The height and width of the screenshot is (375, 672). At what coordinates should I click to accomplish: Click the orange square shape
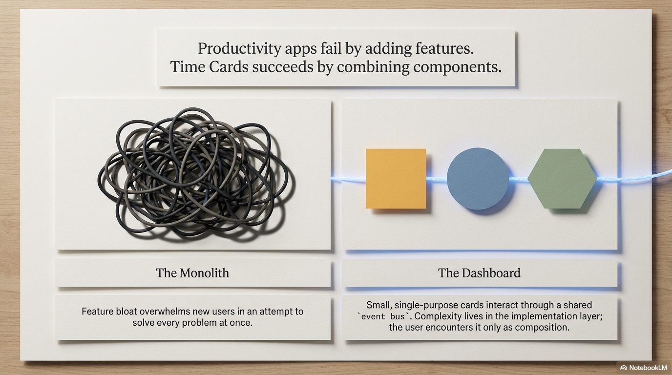tap(396, 179)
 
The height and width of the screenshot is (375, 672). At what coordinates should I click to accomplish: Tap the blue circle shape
tap(478, 179)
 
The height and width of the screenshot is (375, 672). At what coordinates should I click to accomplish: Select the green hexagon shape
tap(562, 179)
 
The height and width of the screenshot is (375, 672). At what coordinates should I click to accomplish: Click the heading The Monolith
tap(192, 273)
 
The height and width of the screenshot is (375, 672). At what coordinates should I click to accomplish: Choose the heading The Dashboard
tap(479, 273)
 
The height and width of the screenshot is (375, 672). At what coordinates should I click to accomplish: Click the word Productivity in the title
tap(240, 49)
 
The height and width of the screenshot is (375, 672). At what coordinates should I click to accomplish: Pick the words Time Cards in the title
tap(210, 66)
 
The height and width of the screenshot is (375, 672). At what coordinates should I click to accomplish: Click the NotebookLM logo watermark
tap(643, 368)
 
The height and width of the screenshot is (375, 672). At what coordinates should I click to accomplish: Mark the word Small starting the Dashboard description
tap(379, 305)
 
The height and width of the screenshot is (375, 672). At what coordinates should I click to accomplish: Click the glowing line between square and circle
tap(437, 179)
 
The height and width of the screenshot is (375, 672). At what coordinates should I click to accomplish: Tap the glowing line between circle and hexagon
tap(518, 179)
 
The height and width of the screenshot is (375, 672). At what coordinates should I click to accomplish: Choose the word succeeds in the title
tap(283, 66)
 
